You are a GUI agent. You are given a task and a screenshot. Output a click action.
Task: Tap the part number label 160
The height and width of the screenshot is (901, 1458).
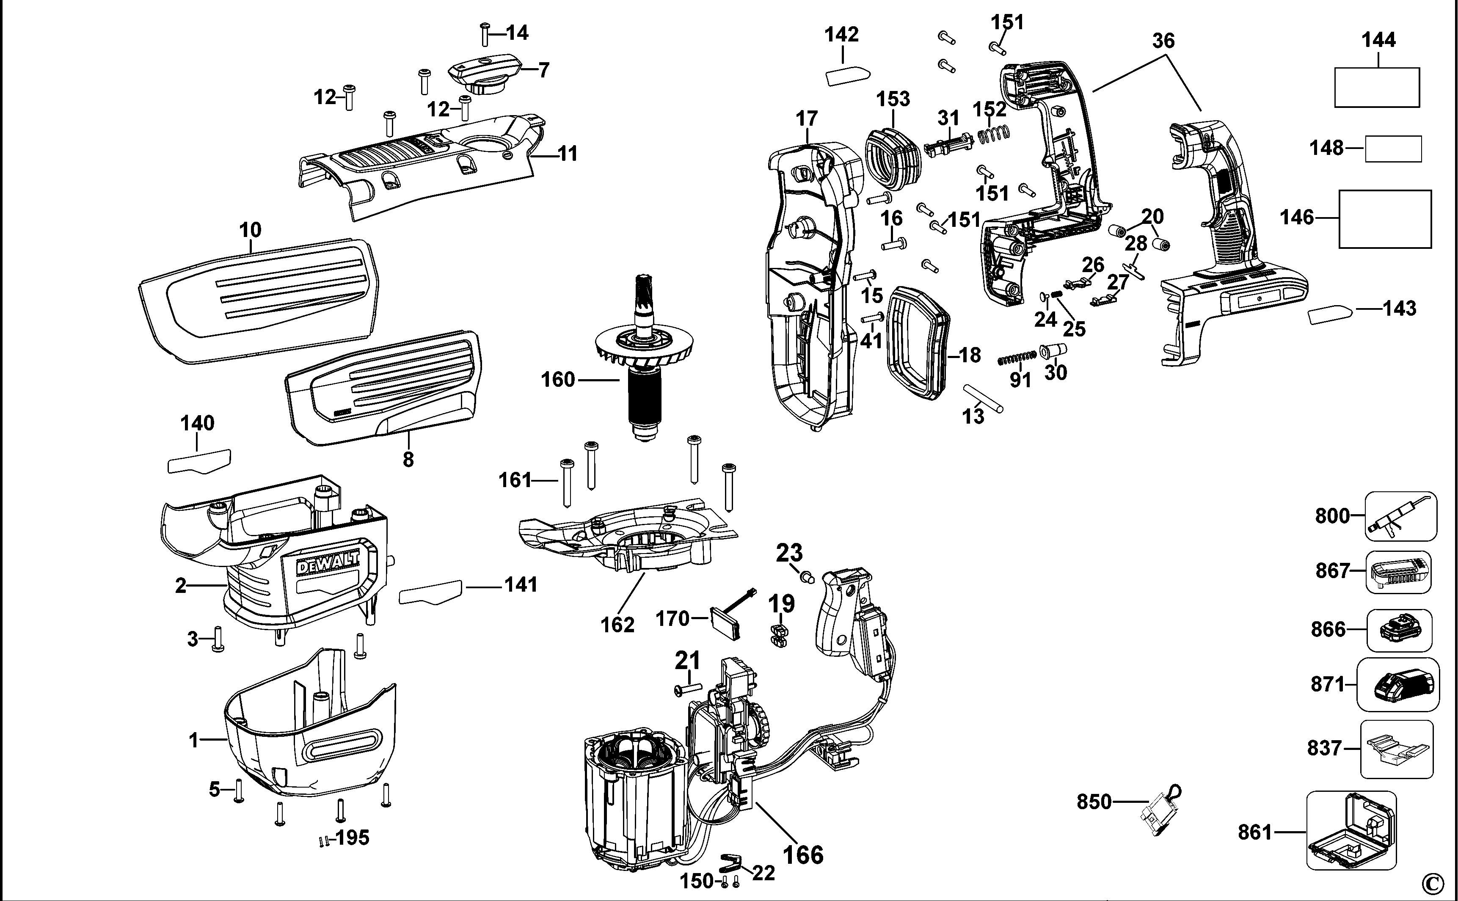557,380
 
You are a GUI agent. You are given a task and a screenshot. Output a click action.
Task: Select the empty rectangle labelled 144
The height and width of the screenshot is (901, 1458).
1376,87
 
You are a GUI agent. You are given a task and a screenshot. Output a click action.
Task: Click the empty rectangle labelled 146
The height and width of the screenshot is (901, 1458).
1385,219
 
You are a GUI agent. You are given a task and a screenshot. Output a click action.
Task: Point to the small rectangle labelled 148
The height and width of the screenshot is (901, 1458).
1393,149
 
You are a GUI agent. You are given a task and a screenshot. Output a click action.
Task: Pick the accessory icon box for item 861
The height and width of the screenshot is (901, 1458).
1351,830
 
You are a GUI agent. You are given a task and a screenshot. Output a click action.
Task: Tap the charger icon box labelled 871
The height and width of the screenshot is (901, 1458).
1398,685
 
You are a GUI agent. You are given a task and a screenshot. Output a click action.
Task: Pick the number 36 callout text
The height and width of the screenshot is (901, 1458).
1163,41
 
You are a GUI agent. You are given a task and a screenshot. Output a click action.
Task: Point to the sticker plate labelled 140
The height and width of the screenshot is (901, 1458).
199,460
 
